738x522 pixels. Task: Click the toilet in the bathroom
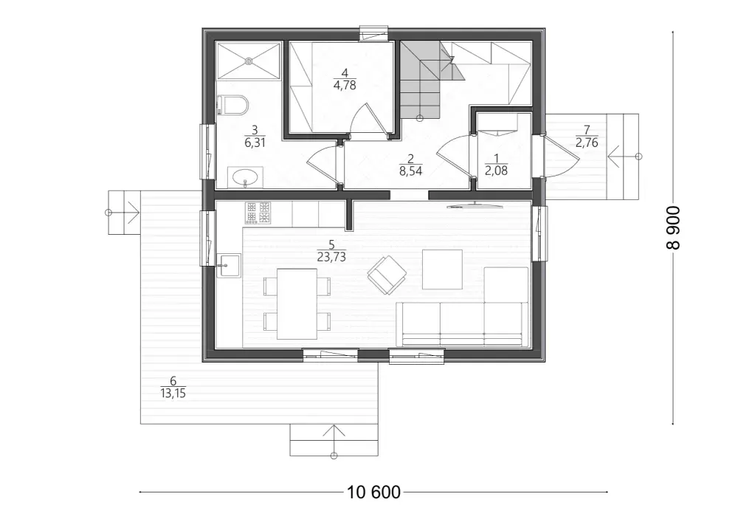point(233,105)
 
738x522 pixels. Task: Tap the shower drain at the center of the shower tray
point(249,61)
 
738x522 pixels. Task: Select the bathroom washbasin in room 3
point(245,177)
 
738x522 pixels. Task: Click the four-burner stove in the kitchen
point(258,213)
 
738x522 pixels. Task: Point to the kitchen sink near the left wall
point(229,265)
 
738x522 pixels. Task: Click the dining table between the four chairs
point(297,303)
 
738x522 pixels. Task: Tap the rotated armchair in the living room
point(387,275)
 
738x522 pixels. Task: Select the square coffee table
point(442,269)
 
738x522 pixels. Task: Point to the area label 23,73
point(331,256)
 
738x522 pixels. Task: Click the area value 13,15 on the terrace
point(173,393)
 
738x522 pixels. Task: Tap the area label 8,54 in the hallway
point(410,171)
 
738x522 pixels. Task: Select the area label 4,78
point(345,85)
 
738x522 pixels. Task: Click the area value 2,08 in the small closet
point(496,171)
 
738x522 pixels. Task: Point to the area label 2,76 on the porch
point(587,142)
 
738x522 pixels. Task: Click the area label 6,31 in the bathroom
point(255,142)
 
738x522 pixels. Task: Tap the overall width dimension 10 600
point(373,492)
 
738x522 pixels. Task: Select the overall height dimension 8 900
point(673,227)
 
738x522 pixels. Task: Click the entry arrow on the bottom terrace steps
point(334,441)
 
